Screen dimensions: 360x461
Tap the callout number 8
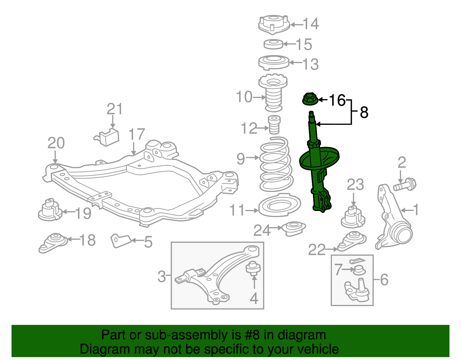point(364,113)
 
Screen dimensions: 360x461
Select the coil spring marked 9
point(276,164)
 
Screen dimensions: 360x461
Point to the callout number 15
point(304,45)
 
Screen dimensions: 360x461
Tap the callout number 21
point(115,109)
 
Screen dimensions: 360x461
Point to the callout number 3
point(162,276)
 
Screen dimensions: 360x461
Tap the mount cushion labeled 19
point(50,210)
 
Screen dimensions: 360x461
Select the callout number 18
point(88,240)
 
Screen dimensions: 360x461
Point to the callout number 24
point(262,230)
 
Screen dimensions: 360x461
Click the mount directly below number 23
point(353,218)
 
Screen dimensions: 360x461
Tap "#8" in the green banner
point(252,335)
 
